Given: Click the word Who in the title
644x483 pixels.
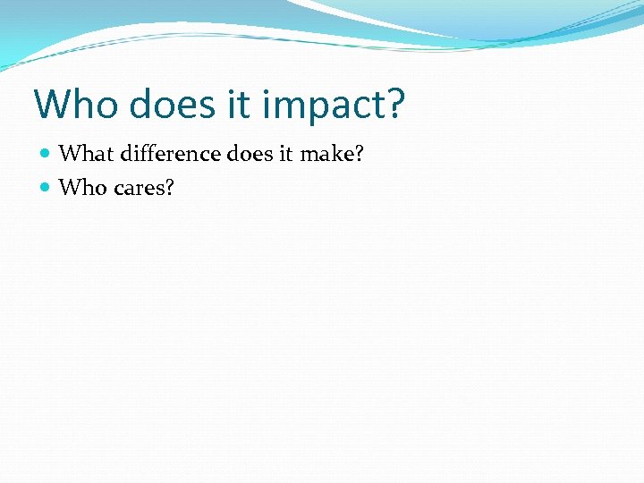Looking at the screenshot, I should pyautogui.click(x=74, y=105).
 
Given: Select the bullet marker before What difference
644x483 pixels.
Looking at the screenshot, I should pyautogui.click(x=46, y=155).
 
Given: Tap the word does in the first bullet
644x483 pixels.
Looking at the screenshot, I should pyautogui.click(x=250, y=154).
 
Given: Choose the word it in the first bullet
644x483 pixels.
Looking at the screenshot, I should pyautogui.click(x=285, y=154).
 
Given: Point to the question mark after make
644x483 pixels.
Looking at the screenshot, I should pyautogui.click(x=359, y=154).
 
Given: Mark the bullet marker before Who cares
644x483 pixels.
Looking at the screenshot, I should pyautogui.click(x=46, y=188).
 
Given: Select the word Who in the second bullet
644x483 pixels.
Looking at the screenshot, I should pyautogui.click(x=80, y=187).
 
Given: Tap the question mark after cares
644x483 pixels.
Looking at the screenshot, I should pyautogui.click(x=168, y=187).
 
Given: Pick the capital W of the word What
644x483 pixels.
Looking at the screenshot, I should pyautogui.click(x=69, y=154).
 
